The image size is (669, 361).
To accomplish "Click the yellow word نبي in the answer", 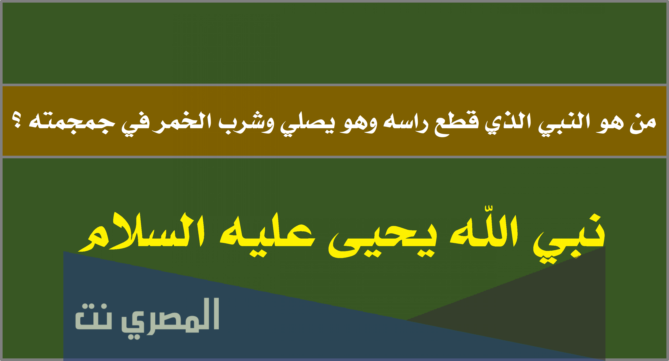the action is pos(569,239).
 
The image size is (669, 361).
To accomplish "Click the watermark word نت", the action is pos(93,316).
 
